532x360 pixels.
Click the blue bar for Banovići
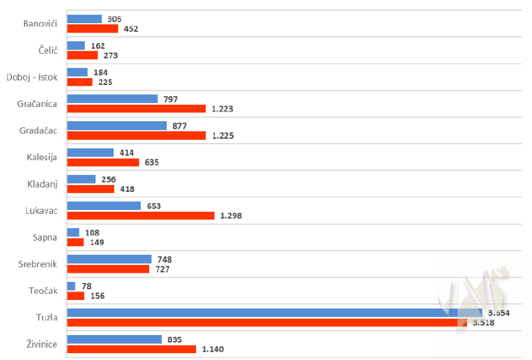[x=84, y=19]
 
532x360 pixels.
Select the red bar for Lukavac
[x=140, y=216]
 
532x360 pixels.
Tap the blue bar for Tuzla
[x=274, y=312]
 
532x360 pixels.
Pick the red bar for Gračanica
[x=136, y=109]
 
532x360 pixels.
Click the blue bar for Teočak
[x=71, y=286]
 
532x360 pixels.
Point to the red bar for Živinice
[x=131, y=349]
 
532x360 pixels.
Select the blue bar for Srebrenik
[x=109, y=259]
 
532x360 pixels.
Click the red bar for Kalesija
[x=103, y=162]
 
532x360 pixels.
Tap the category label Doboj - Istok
[x=32, y=77]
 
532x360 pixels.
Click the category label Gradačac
[x=38, y=130]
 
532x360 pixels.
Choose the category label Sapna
[x=45, y=237]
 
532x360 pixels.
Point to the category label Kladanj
[x=42, y=184]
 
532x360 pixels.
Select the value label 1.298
[x=231, y=216]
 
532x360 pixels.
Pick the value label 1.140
[x=214, y=349]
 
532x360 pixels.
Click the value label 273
[x=111, y=55]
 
